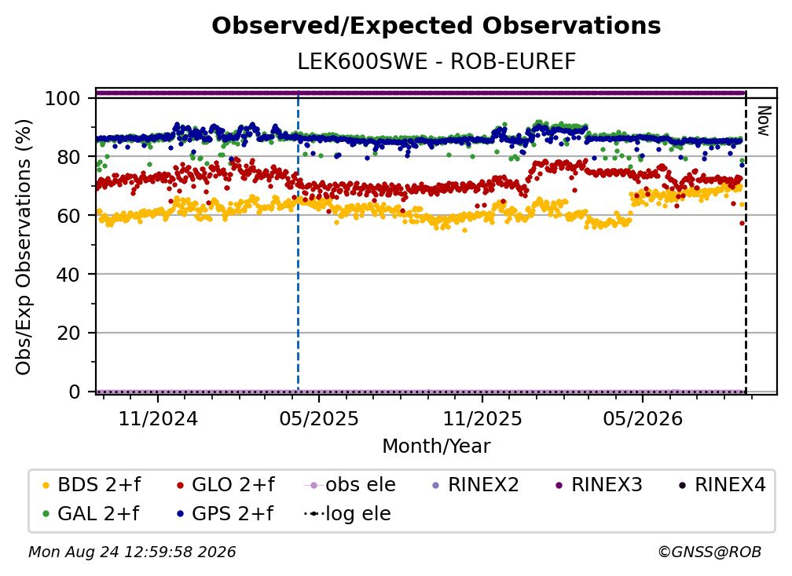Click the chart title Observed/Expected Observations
tap(436, 26)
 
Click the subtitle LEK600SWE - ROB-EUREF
tap(436, 61)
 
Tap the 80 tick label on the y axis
tap(68, 157)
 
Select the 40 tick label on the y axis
tap(68, 275)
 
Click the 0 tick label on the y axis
tap(75, 392)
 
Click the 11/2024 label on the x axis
tap(158, 418)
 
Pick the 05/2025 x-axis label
tap(319, 418)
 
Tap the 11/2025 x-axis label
tap(482, 418)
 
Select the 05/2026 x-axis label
tap(643, 418)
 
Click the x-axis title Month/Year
tap(436, 446)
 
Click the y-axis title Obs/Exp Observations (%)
tap(24, 247)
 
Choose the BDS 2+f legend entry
tap(91, 485)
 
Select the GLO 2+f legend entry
tap(225, 485)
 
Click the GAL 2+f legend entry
tap(90, 513)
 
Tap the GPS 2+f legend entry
tap(225, 513)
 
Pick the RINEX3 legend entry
tap(599, 485)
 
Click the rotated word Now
tap(764, 121)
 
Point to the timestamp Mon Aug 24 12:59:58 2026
tap(132, 552)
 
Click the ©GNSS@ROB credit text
tap(709, 552)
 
